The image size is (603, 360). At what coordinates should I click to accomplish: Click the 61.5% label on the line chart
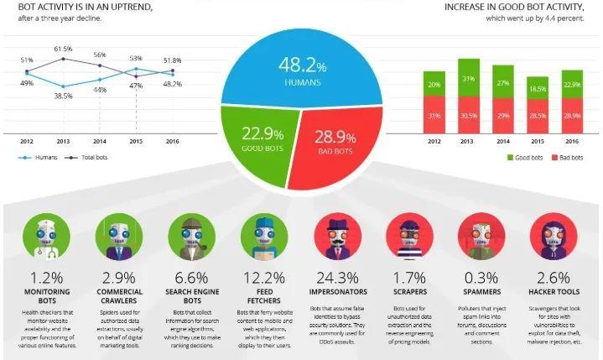(63, 50)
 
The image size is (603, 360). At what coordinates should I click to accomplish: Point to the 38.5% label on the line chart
(63, 97)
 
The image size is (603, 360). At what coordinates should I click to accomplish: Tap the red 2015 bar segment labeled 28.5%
(537, 115)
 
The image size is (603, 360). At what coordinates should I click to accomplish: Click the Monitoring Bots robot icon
(40, 236)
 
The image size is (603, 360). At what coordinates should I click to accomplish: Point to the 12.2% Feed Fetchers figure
(263, 276)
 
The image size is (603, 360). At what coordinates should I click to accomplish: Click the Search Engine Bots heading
(189, 298)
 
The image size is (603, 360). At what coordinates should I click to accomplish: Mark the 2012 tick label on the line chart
(27, 141)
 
